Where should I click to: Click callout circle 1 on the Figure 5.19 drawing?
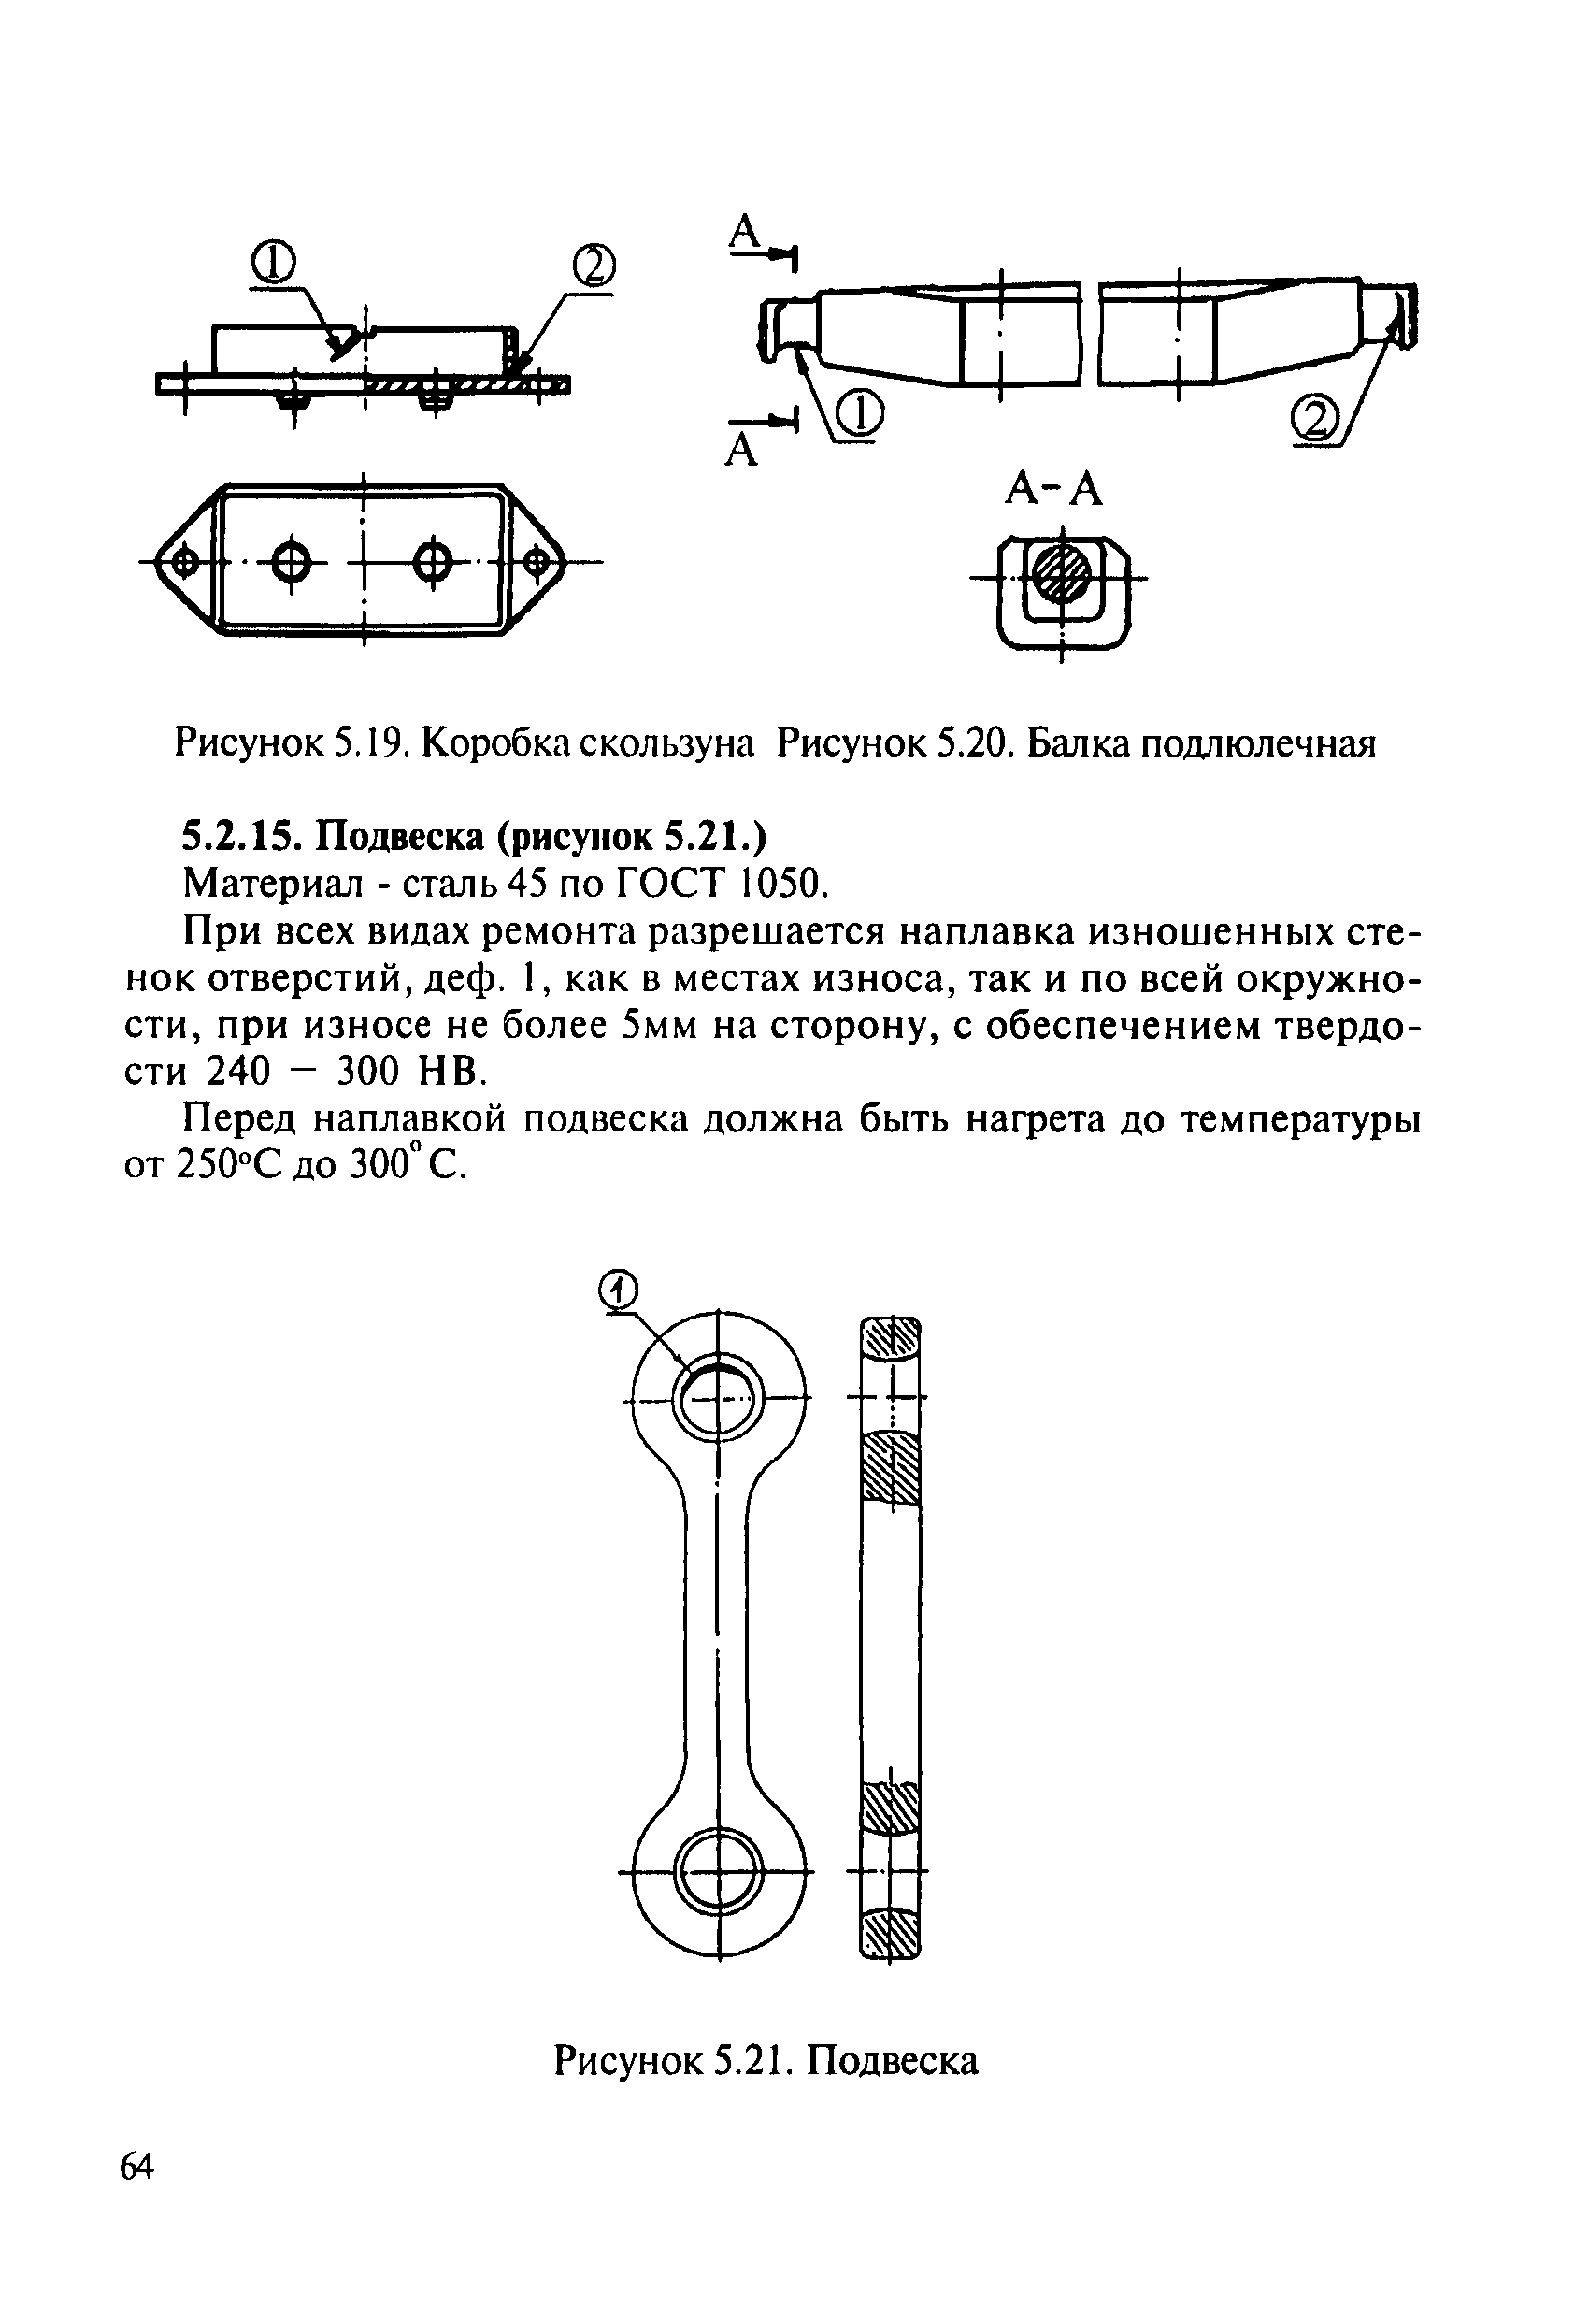coord(273,264)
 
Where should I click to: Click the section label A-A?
coord(1053,489)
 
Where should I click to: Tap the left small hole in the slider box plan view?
coord(183,563)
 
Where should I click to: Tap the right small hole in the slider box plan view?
coord(537,563)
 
